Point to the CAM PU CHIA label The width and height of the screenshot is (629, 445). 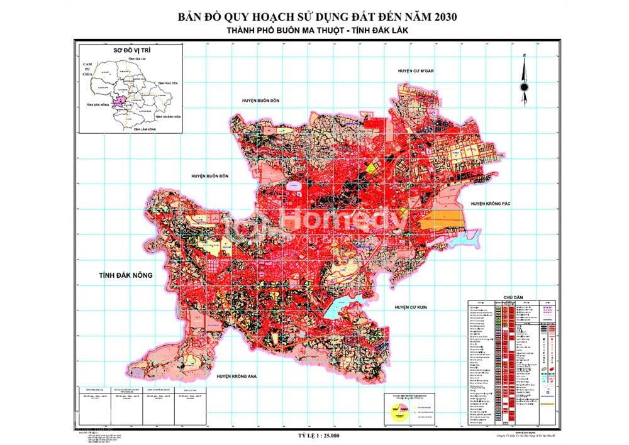pos(87,69)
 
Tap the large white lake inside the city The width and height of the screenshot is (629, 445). pos(340,309)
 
